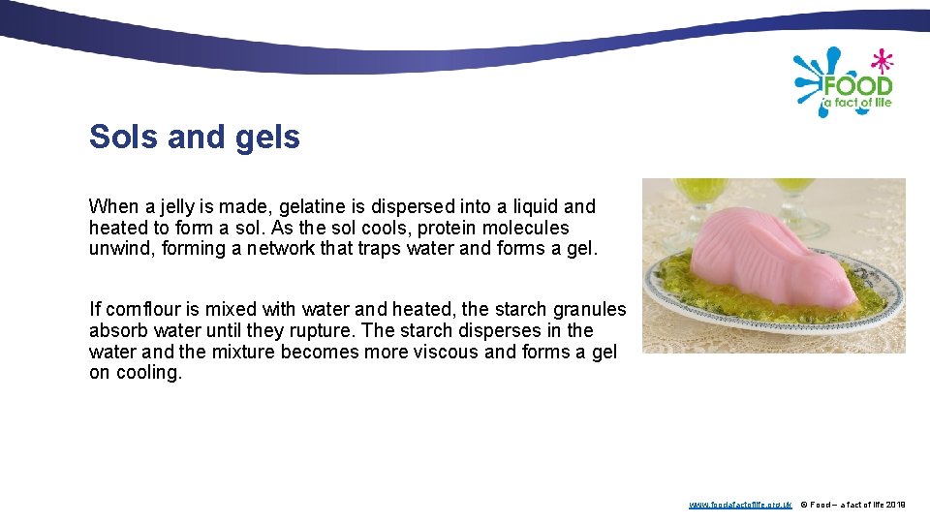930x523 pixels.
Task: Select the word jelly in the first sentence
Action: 164,206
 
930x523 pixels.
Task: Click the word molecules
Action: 529,228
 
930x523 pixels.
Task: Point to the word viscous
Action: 440,353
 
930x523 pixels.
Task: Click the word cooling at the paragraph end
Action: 147,374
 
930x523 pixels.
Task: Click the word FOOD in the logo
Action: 856,86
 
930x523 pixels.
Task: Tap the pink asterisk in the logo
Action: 882,62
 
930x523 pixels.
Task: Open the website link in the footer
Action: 740,505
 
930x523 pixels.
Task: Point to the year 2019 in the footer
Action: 895,505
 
